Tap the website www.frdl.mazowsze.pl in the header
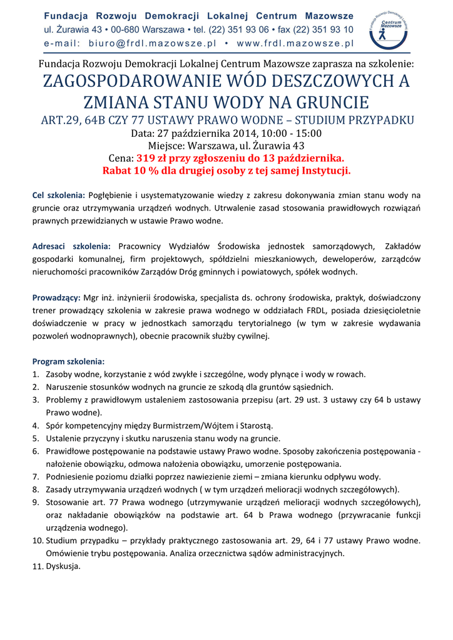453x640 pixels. click(x=296, y=43)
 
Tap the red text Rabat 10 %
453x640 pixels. click(x=133, y=171)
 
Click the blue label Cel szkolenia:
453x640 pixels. click(x=59, y=196)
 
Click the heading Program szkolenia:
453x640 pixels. click(x=69, y=362)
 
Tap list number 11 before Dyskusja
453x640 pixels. click(x=37, y=566)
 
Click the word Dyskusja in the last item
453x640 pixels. click(x=63, y=566)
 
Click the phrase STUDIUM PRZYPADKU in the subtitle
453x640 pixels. click(x=346, y=120)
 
